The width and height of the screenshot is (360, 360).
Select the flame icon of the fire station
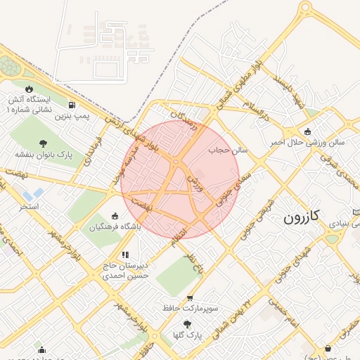[x=29, y=89]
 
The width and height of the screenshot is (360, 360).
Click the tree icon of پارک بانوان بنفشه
[x=44, y=143]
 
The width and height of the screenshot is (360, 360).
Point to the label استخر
[x=29, y=208]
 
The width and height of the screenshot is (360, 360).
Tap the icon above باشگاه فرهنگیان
[x=116, y=216]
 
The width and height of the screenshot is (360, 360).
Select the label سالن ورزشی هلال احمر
[x=307, y=142]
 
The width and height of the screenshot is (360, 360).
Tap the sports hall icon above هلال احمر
[x=307, y=131]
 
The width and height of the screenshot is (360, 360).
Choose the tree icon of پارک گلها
[x=186, y=324]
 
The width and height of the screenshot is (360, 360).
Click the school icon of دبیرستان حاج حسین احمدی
[x=124, y=255]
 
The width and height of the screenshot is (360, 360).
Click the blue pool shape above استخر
[x=32, y=193]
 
